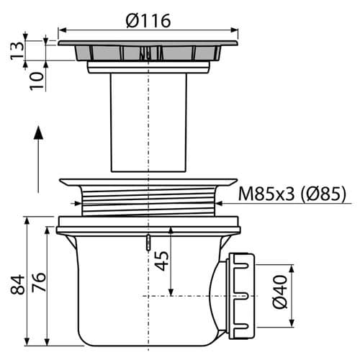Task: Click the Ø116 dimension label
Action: tap(148, 20)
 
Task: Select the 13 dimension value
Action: tap(17, 50)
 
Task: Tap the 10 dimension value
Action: tap(37, 81)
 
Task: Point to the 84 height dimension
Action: tap(17, 284)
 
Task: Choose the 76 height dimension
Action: tap(38, 282)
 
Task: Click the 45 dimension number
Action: tap(161, 261)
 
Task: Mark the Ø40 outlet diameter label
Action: tap(280, 292)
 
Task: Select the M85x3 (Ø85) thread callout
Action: tap(292, 194)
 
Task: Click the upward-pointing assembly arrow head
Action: tap(38, 132)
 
